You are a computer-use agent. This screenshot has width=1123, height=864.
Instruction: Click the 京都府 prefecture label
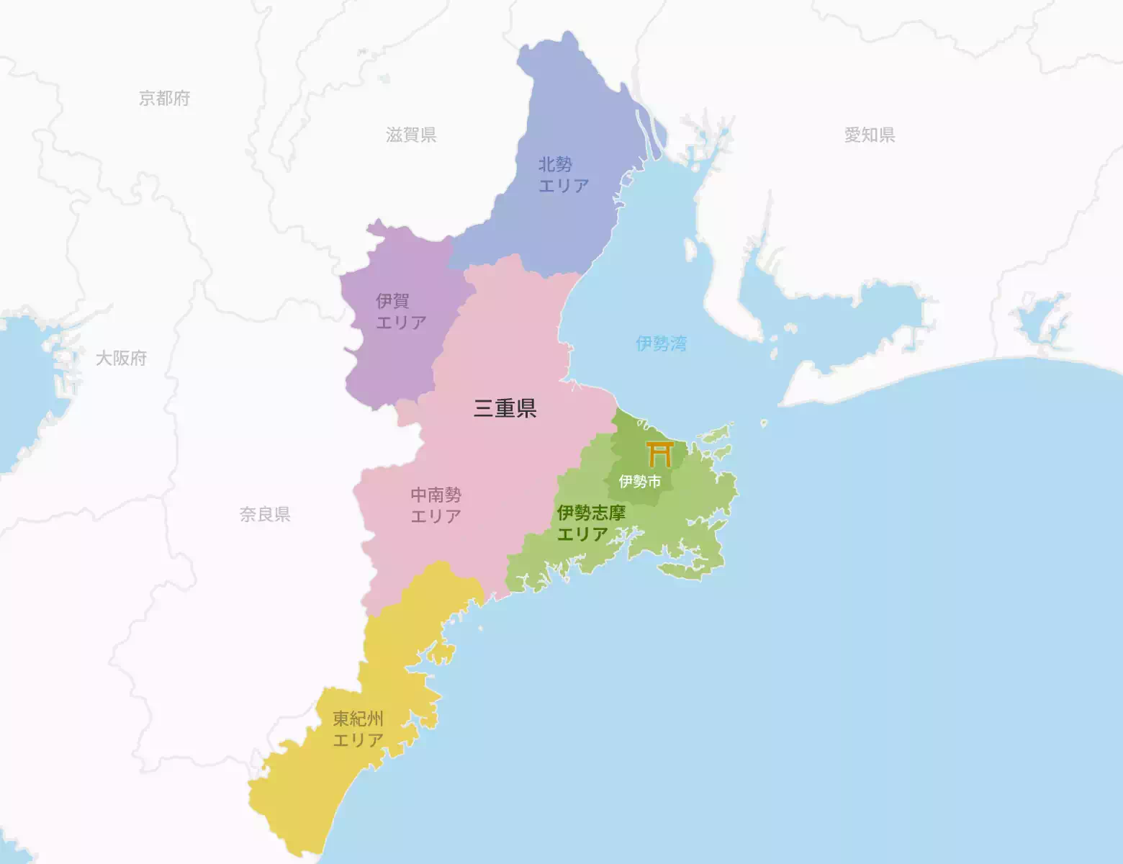click(164, 98)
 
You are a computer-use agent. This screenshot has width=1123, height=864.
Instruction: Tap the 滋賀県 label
click(411, 135)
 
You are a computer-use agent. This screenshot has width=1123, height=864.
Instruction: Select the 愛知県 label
click(870, 135)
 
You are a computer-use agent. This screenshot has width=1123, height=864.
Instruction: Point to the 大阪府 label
click(121, 358)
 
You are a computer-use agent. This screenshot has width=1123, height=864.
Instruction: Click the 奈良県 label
click(265, 514)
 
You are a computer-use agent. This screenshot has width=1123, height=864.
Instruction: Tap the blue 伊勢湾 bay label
click(661, 343)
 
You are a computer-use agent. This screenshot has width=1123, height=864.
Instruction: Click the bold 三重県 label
click(505, 408)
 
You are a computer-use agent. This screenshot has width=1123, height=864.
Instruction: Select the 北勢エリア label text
click(563, 175)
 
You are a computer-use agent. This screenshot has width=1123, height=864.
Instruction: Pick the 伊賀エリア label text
click(401, 312)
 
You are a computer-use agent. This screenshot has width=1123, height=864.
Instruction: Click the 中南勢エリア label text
click(436, 505)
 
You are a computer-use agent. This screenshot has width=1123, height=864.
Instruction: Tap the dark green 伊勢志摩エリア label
click(591, 523)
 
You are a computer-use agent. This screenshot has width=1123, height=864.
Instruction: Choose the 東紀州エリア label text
click(358, 729)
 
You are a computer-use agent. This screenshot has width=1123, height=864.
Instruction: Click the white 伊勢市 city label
click(639, 481)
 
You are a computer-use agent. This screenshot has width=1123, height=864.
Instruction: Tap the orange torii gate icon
click(659, 454)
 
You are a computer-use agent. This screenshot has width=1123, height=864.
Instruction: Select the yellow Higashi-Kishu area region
click(302, 785)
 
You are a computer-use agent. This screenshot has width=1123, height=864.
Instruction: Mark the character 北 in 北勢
click(547, 165)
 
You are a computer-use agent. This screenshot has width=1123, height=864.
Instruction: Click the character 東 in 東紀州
click(340, 719)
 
